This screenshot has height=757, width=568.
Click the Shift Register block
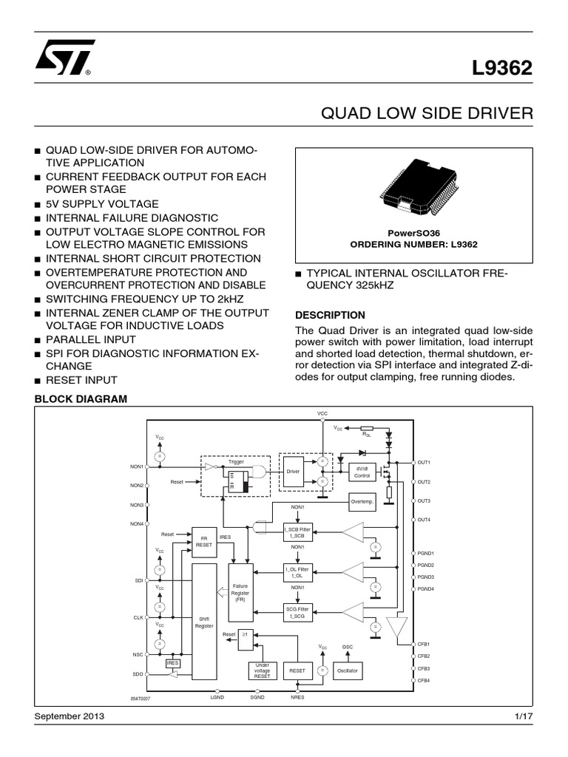pos(204,621)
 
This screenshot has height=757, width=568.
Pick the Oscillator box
pos(348,670)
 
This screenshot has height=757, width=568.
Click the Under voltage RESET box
pos(262,670)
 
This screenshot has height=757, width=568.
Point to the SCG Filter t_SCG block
pos(297,612)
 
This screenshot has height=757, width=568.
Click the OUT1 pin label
pos(424,462)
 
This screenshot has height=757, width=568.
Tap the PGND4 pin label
pos(425,588)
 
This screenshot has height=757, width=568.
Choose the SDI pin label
pos(138,581)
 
